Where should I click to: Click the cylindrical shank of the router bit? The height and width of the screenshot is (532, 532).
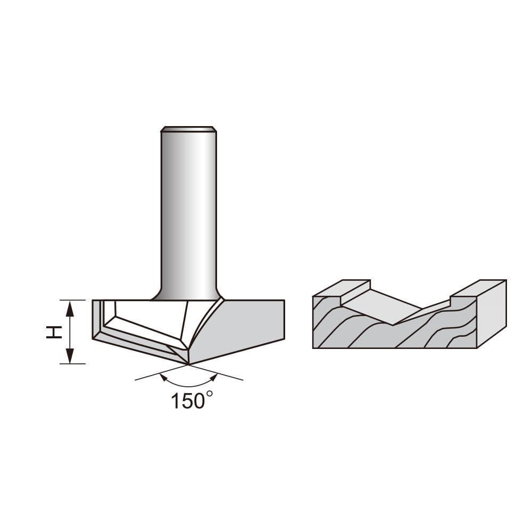pos(188,213)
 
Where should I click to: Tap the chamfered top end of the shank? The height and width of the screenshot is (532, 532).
pos(188,129)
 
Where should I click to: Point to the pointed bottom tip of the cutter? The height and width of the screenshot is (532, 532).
pos(188,364)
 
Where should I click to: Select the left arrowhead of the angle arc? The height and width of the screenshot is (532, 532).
pos(163,377)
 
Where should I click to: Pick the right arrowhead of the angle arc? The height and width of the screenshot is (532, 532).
pos(214,377)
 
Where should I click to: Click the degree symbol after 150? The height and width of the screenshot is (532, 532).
pos(209,394)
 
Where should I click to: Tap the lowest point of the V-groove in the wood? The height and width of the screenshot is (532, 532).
pos(394,324)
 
